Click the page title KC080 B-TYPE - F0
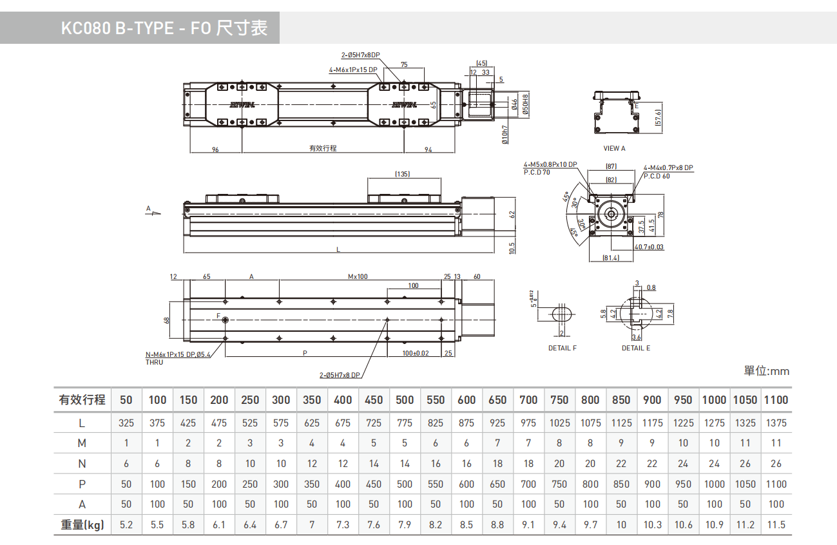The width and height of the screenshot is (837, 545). point(164,28)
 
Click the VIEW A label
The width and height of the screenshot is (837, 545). point(614,148)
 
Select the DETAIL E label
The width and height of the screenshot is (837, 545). point(636,348)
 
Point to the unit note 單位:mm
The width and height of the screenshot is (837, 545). point(766,371)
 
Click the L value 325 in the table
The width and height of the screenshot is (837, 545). point(126,423)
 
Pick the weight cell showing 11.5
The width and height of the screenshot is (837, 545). point(776,525)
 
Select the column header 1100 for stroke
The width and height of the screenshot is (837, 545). point(776,400)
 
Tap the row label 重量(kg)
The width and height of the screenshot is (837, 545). point(82,525)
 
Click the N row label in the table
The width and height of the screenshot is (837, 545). point(82,464)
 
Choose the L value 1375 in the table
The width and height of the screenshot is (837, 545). point(776,423)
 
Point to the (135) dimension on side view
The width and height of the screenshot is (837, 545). point(403,175)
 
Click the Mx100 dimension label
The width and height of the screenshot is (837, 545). point(358,276)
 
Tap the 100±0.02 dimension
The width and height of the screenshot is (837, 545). point(416,353)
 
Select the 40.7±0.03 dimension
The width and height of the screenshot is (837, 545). point(649,247)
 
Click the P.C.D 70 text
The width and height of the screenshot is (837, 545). point(537,172)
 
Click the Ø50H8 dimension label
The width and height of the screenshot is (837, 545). point(525,104)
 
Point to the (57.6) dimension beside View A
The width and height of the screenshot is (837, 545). point(658,118)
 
